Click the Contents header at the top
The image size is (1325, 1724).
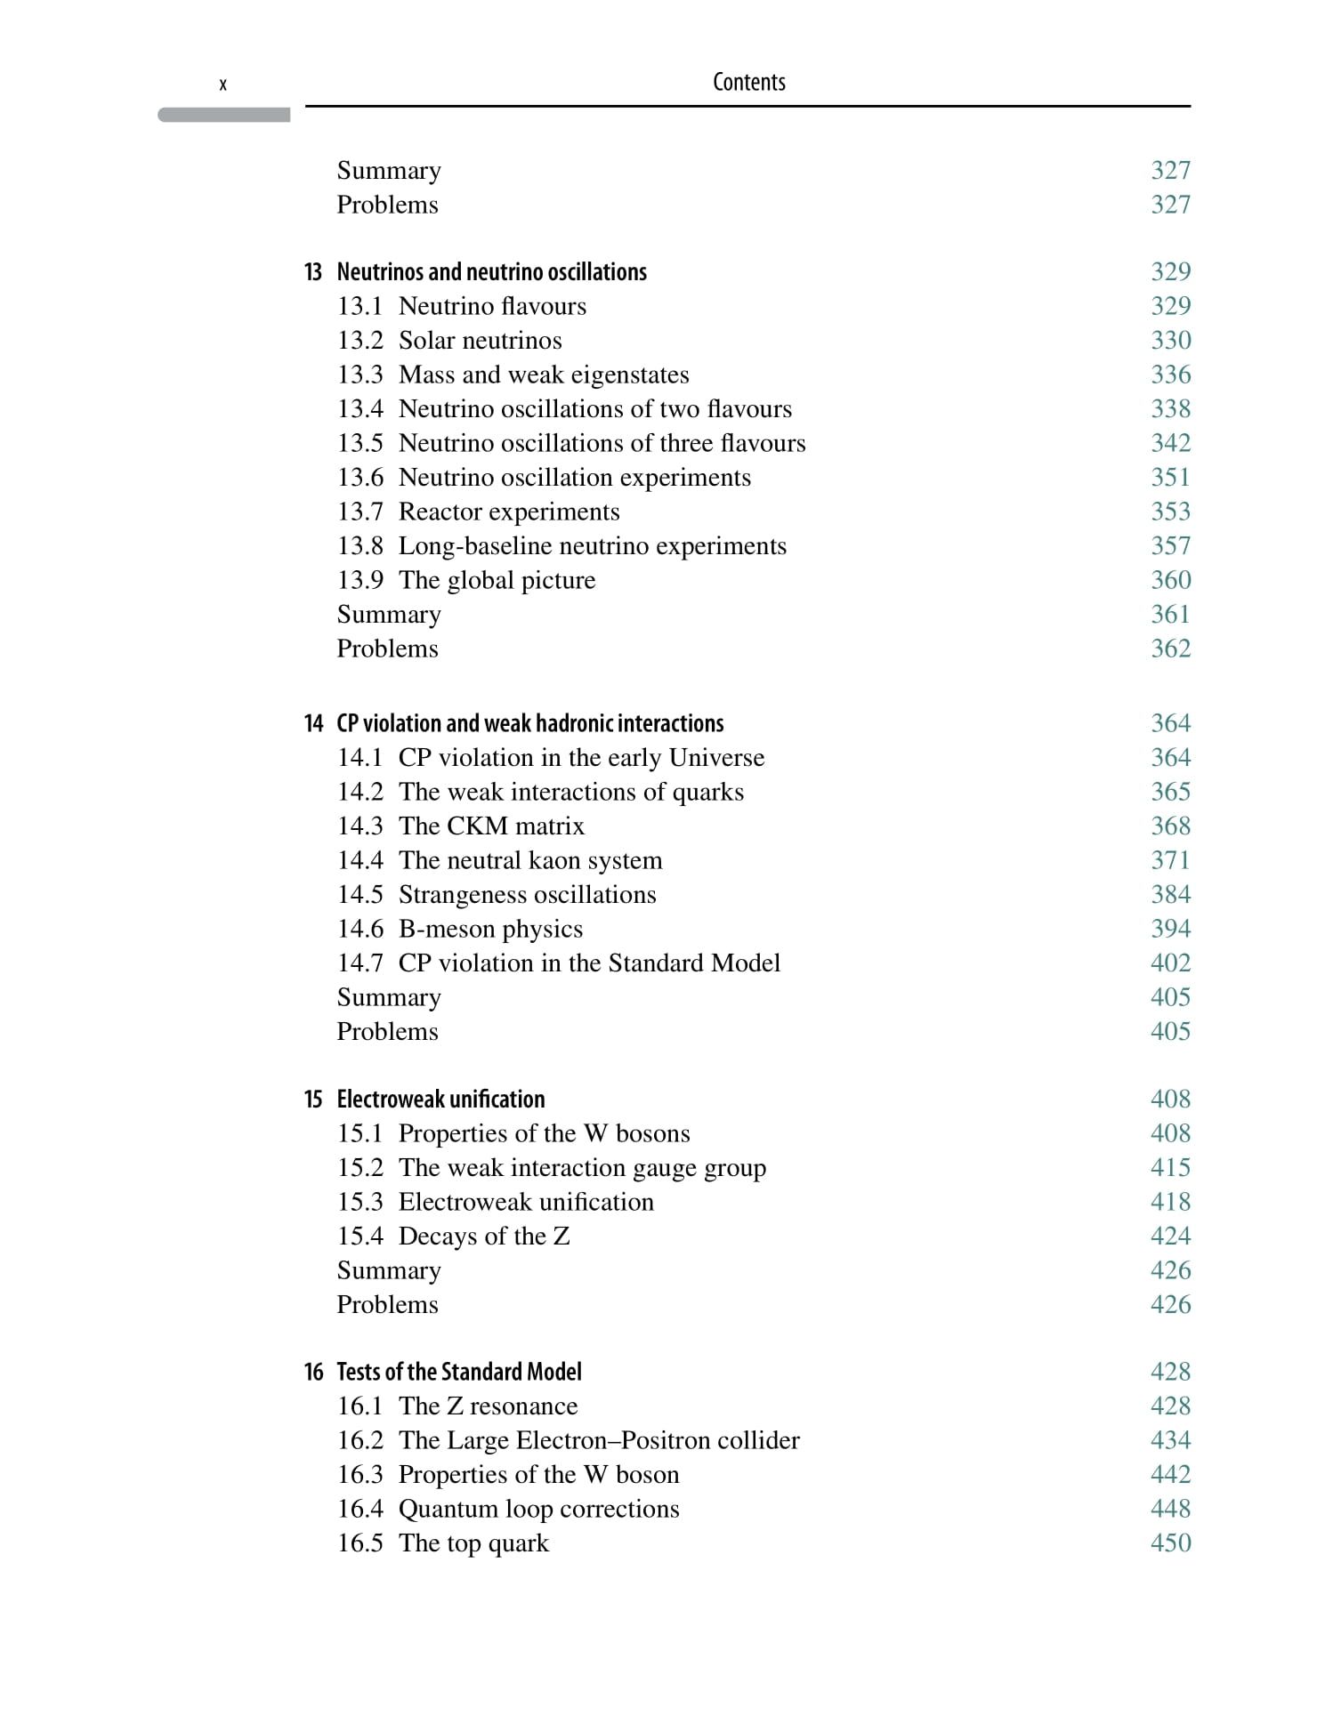tap(748, 83)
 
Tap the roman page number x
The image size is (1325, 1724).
tap(222, 85)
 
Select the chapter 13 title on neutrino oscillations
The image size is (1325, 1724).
tap(491, 271)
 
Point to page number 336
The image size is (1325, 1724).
tap(1170, 375)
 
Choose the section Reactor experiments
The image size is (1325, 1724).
tap(508, 512)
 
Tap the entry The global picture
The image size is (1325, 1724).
tap(497, 580)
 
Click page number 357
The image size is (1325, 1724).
tap(1170, 545)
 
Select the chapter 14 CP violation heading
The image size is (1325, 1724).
tap(529, 723)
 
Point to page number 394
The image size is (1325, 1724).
tap(1170, 929)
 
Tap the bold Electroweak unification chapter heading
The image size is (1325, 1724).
tap(440, 1099)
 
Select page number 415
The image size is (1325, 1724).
tap(1170, 1167)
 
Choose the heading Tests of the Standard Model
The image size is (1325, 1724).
tap(458, 1372)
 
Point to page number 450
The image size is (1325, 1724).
tap(1170, 1543)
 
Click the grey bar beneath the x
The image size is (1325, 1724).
tap(224, 115)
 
